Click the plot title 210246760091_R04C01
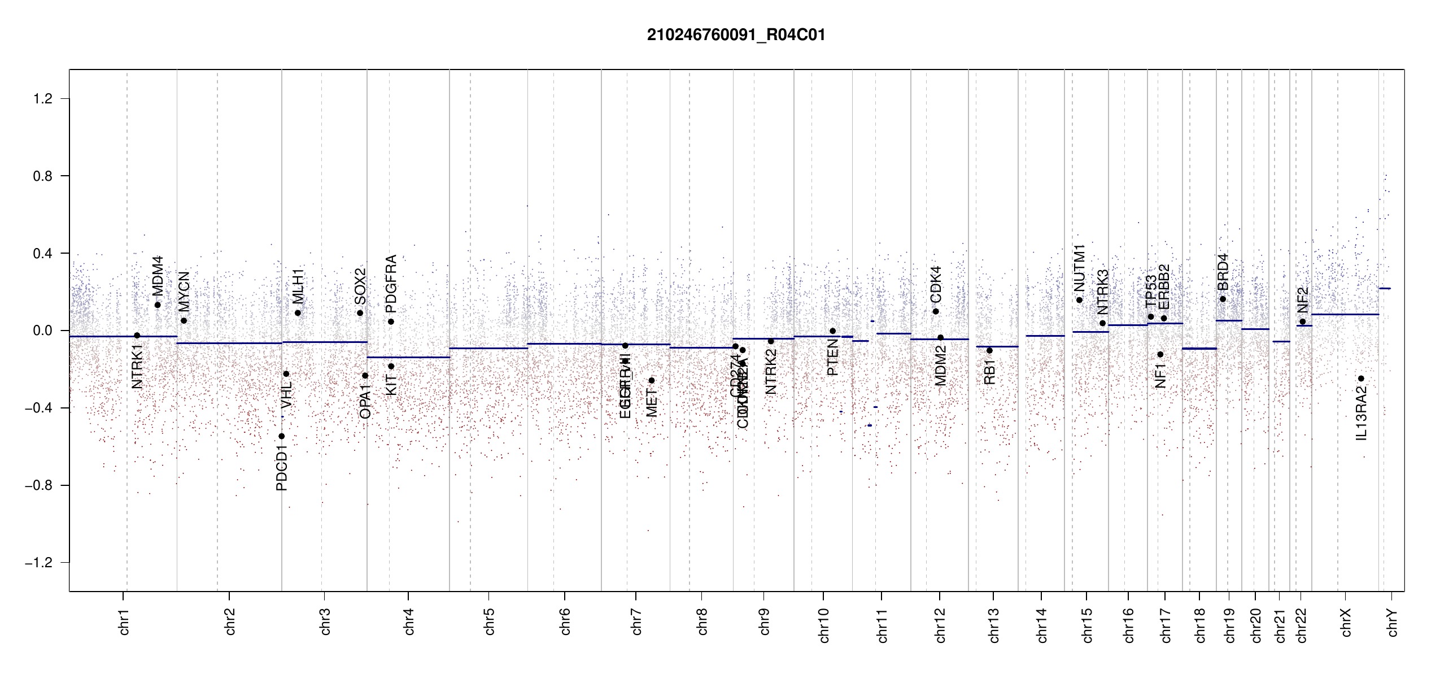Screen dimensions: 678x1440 (736, 35)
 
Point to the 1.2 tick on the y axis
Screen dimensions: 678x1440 (43, 99)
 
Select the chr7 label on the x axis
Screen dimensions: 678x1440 (636, 621)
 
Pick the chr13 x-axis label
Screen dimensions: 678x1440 (994, 625)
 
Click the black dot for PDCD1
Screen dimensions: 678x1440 (282, 436)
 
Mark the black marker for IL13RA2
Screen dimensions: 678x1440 (1361, 379)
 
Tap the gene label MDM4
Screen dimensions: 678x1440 (158, 276)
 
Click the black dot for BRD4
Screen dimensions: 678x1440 (1223, 299)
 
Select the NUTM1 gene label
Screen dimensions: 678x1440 (1080, 268)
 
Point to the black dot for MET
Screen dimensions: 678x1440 (652, 380)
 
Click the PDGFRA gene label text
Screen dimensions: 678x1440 (391, 284)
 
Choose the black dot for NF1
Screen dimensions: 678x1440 (1160, 355)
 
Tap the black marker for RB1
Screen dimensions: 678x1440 (989, 351)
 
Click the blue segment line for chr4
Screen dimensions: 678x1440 (408, 357)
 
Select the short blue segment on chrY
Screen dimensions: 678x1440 (1385, 289)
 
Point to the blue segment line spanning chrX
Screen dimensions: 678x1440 (1345, 315)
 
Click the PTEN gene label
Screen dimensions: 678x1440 (832, 358)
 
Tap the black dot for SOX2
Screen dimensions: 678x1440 (360, 313)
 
